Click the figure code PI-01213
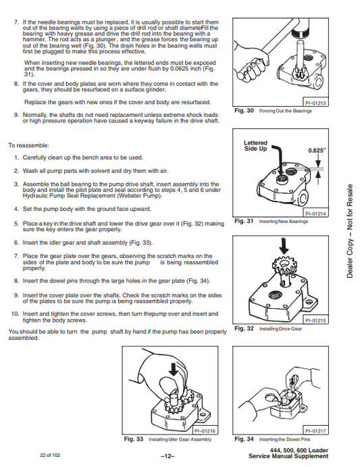pos(315,103)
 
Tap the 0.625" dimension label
pos(317,151)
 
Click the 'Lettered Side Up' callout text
pos(255,145)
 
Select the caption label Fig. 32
pos(244,328)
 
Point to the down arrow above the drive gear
pos(284,246)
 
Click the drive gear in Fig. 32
pos(283,266)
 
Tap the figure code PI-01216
pos(205,431)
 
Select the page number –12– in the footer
pos(168,456)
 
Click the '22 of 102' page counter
pos(50,455)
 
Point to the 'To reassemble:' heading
pos(28,145)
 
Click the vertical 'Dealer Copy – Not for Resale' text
pos(350,231)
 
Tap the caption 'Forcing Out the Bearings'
pos(286,111)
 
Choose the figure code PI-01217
pos(315,431)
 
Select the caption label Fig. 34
pos(244,439)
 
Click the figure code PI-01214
pos(315,214)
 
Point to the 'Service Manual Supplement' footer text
pos(288,456)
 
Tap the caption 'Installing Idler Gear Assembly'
pos(180,439)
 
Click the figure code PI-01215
pos(315,320)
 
